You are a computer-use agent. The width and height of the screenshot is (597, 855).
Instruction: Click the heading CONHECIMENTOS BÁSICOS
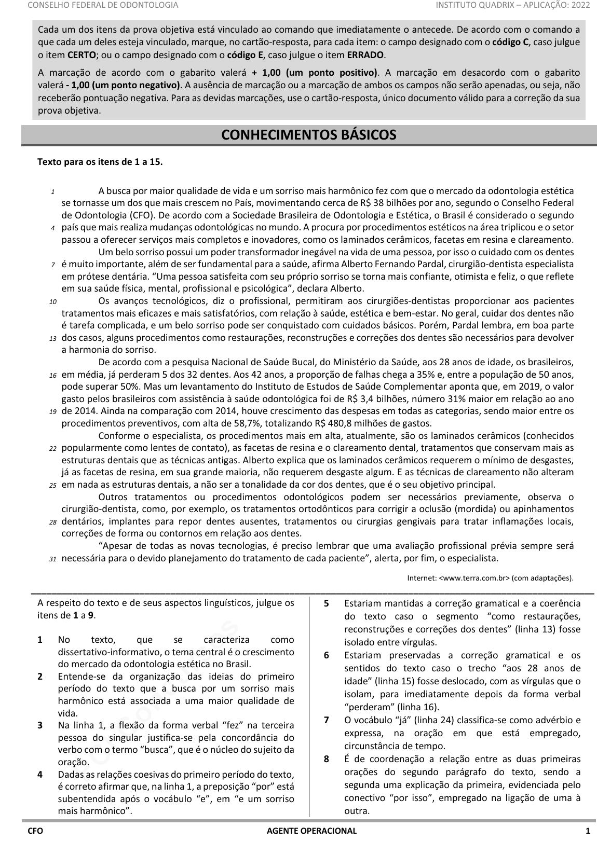click(308, 135)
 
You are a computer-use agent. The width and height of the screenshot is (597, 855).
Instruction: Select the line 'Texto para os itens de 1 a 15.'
click(100, 162)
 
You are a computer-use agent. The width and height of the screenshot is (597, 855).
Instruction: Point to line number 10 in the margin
click(53, 301)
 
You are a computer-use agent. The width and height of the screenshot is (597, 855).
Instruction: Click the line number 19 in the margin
click(53, 411)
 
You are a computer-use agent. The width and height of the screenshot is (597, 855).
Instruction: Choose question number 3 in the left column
click(40, 725)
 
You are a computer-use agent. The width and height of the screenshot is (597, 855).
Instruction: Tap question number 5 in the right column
click(327, 604)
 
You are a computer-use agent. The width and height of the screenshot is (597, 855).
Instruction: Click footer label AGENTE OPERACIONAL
click(311, 831)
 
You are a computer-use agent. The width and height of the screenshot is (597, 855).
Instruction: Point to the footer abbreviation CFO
click(35, 831)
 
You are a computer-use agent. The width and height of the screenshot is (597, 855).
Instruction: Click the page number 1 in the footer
click(588, 831)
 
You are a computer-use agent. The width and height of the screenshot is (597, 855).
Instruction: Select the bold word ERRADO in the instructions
click(365, 55)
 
